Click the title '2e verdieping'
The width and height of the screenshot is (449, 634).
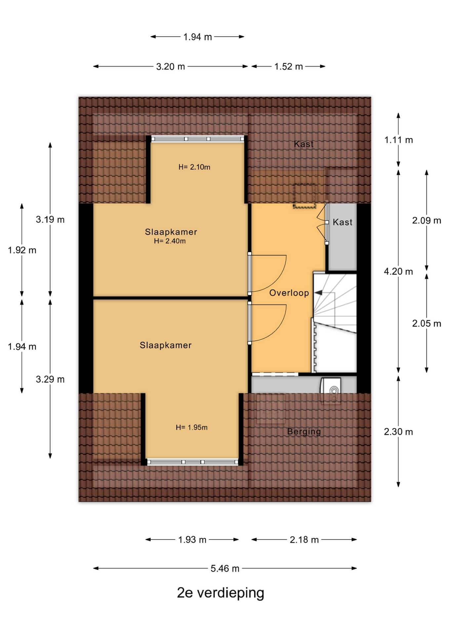221,593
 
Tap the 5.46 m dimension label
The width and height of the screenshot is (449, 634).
225,568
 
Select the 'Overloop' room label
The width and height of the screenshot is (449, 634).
289,293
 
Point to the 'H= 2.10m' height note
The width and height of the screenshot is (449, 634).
194,167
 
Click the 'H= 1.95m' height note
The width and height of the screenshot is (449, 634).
192,427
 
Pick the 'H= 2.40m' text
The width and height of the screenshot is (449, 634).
170,241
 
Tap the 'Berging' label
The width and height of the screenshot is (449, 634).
304,432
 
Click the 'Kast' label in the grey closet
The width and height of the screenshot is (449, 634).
343,222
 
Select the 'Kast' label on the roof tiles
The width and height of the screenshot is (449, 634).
304,144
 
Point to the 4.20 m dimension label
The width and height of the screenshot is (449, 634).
398,271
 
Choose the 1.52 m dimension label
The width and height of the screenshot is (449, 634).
289,66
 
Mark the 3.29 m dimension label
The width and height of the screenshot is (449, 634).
50,379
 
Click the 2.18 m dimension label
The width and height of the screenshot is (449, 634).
304,540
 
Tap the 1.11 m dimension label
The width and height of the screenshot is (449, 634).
398,140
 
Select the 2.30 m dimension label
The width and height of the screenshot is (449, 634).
398,432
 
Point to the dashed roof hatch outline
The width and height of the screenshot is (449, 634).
305,196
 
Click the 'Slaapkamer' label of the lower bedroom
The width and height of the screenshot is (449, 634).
166,345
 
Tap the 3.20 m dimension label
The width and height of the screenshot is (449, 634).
170,66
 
